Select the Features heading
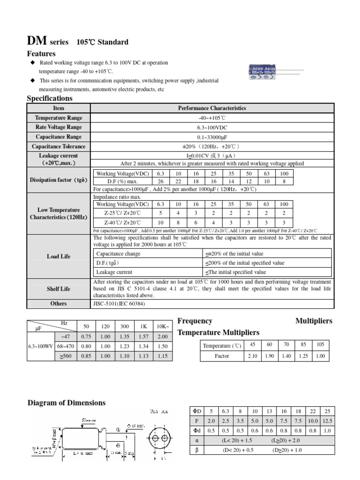click(x=41, y=54)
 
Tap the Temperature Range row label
click(x=59, y=118)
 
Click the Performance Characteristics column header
click(x=212, y=108)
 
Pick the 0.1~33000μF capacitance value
click(x=212, y=137)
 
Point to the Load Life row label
click(x=59, y=257)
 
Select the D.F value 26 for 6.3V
click(x=160, y=181)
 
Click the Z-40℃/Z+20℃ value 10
click(x=160, y=223)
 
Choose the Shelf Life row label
click(x=59, y=289)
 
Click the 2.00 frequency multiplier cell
click(x=162, y=336)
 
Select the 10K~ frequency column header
click(x=162, y=326)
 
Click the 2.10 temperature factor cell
click(x=253, y=356)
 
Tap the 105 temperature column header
click(x=320, y=345)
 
